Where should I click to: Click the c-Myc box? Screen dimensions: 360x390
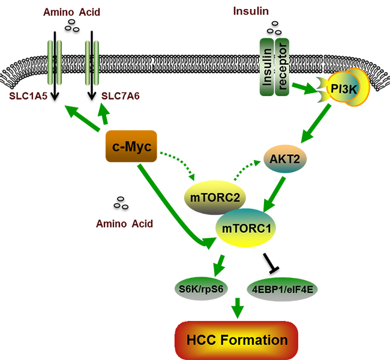(x=131, y=146)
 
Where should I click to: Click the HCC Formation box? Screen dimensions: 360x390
(x=236, y=340)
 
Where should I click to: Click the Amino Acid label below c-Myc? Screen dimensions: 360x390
(x=124, y=224)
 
